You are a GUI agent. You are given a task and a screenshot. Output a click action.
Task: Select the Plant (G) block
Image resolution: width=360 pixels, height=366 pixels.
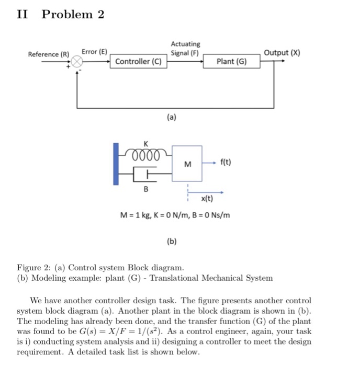[x=231, y=62]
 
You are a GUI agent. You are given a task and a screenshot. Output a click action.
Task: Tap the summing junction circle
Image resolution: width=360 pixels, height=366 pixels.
[x=77, y=62]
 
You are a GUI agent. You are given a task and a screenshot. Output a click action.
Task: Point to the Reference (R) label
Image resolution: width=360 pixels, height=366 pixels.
[x=49, y=54]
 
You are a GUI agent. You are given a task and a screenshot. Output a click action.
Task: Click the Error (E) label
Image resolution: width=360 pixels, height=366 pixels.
[x=94, y=52]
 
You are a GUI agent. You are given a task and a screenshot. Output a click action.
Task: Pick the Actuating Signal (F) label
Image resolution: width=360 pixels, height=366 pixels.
[x=185, y=49]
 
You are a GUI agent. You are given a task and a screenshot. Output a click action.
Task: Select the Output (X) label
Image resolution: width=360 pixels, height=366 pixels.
[x=282, y=53]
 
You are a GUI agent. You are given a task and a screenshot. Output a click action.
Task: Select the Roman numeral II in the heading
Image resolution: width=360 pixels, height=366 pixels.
[x=22, y=14]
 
